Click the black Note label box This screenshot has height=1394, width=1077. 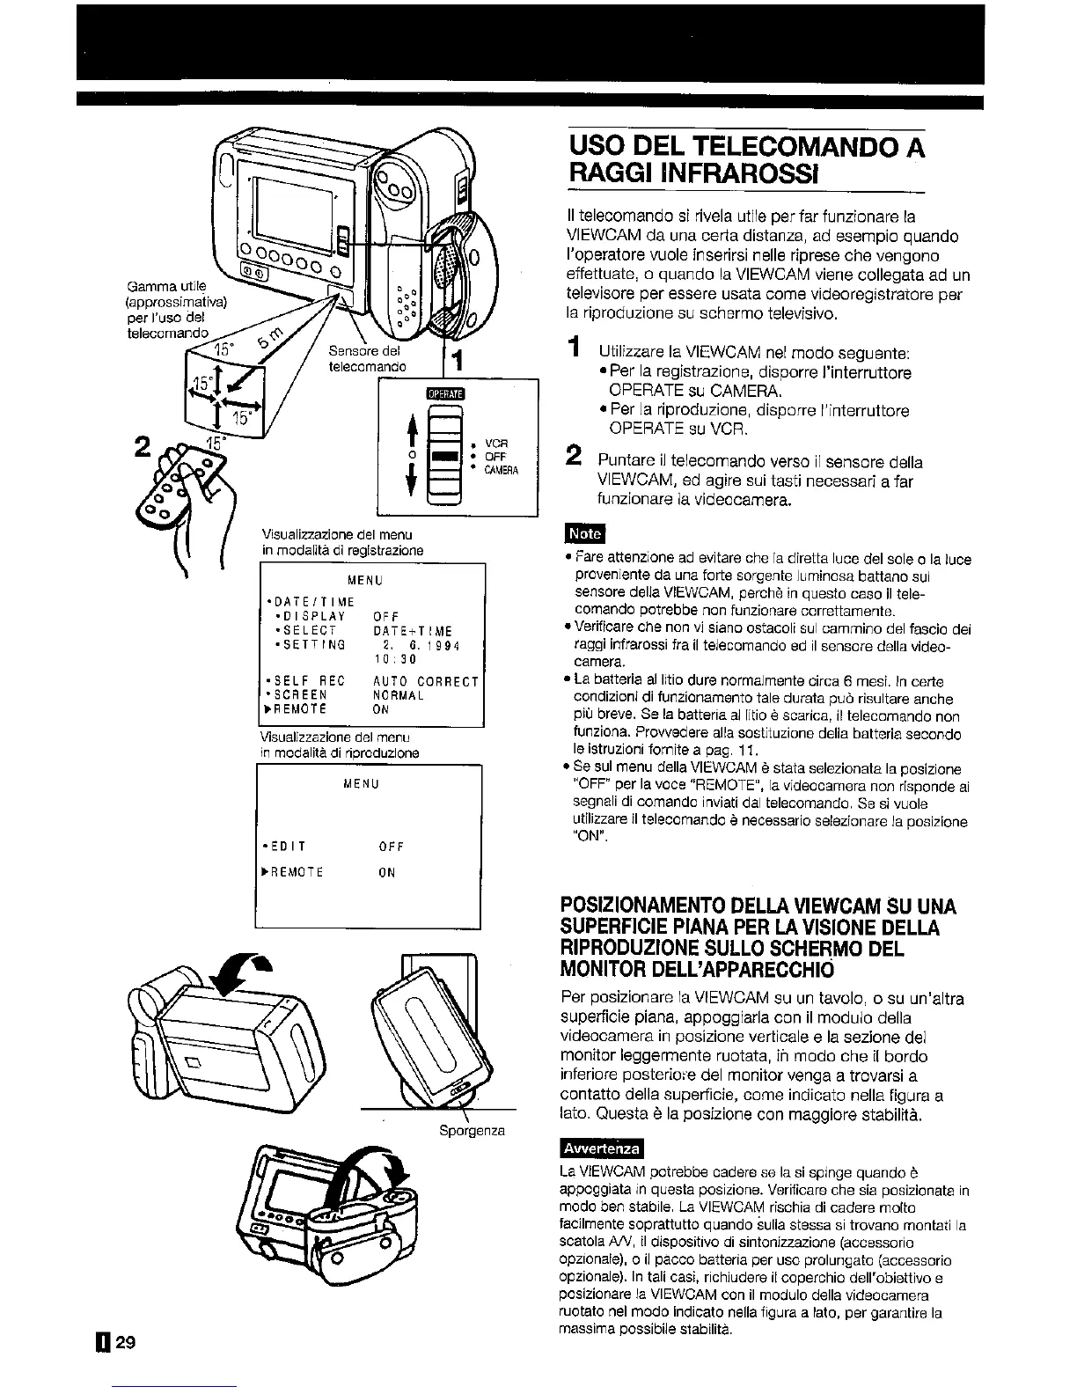584,533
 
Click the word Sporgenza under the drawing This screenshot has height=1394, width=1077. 471,1130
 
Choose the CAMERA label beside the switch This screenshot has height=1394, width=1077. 505,471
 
